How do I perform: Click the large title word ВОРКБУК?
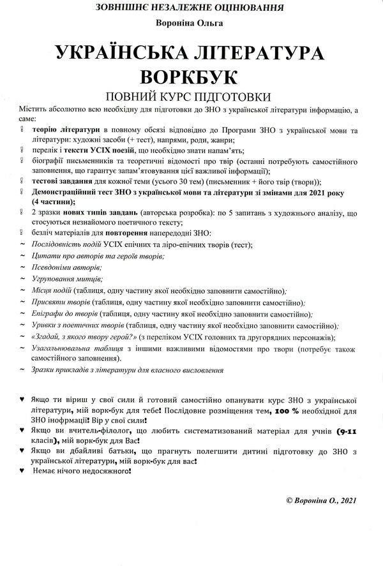[x=191, y=76]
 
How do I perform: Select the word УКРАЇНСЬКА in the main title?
[x=131, y=53]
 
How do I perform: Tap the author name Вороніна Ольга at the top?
[x=191, y=23]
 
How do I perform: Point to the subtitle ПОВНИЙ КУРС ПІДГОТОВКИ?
[x=191, y=96]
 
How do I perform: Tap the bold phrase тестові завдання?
[x=65, y=181]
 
